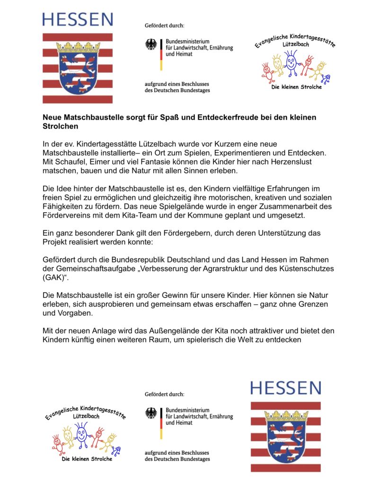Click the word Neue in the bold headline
coord(51,117)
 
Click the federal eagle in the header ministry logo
coord(151,45)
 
